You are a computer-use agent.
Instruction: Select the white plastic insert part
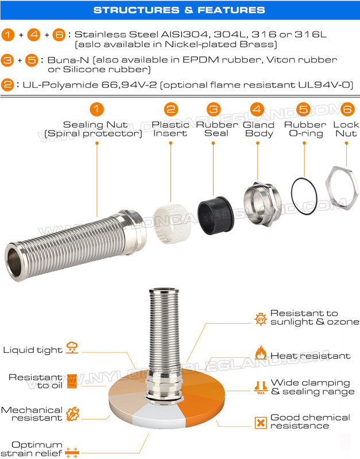click(171, 223)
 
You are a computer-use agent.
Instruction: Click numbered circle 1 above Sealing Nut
click(96, 109)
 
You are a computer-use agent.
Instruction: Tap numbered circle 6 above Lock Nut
click(347, 109)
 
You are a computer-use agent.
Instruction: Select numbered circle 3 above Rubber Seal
click(214, 109)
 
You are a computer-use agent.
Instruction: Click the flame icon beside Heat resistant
click(261, 352)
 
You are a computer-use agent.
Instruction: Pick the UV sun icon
click(261, 318)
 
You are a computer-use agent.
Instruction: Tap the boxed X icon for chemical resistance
click(261, 423)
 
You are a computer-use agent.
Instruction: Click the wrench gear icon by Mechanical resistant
click(72, 414)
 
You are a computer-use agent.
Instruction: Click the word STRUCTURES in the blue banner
click(136, 10)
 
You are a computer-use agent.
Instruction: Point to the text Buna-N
click(68, 60)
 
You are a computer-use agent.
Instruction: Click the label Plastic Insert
click(170, 129)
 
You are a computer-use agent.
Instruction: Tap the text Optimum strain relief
click(32, 449)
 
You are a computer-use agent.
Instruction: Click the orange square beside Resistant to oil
click(72, 381)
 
